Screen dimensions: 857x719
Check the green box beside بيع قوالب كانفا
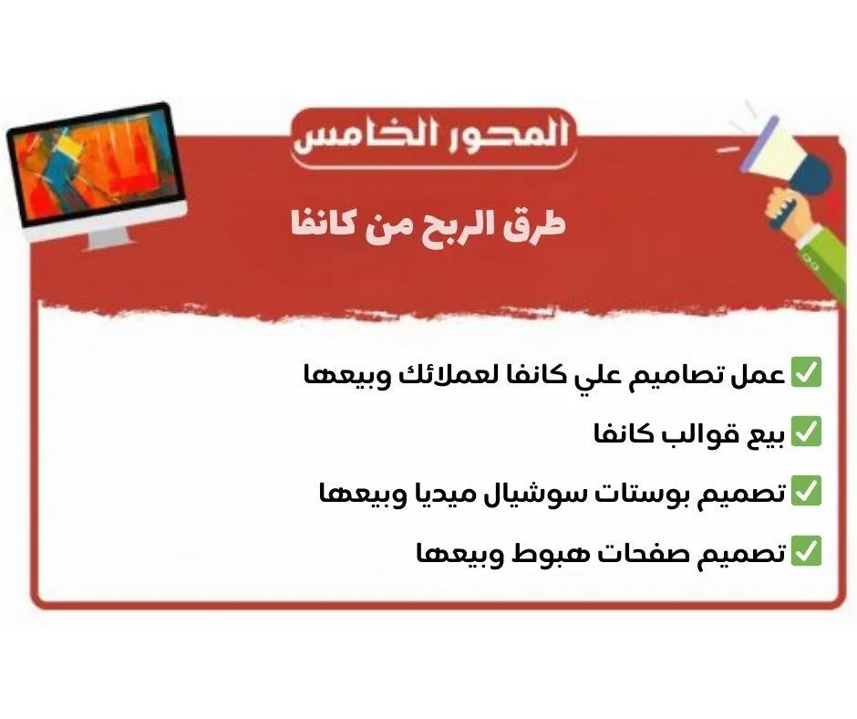[x=806, y=432]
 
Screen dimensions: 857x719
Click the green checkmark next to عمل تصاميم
[x=806, y=372]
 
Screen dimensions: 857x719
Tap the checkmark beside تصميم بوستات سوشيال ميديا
[x=806, y=491]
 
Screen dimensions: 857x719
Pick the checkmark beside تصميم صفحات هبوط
[x=806, y=551]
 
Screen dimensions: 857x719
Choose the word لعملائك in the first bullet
[x=438, y=375]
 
